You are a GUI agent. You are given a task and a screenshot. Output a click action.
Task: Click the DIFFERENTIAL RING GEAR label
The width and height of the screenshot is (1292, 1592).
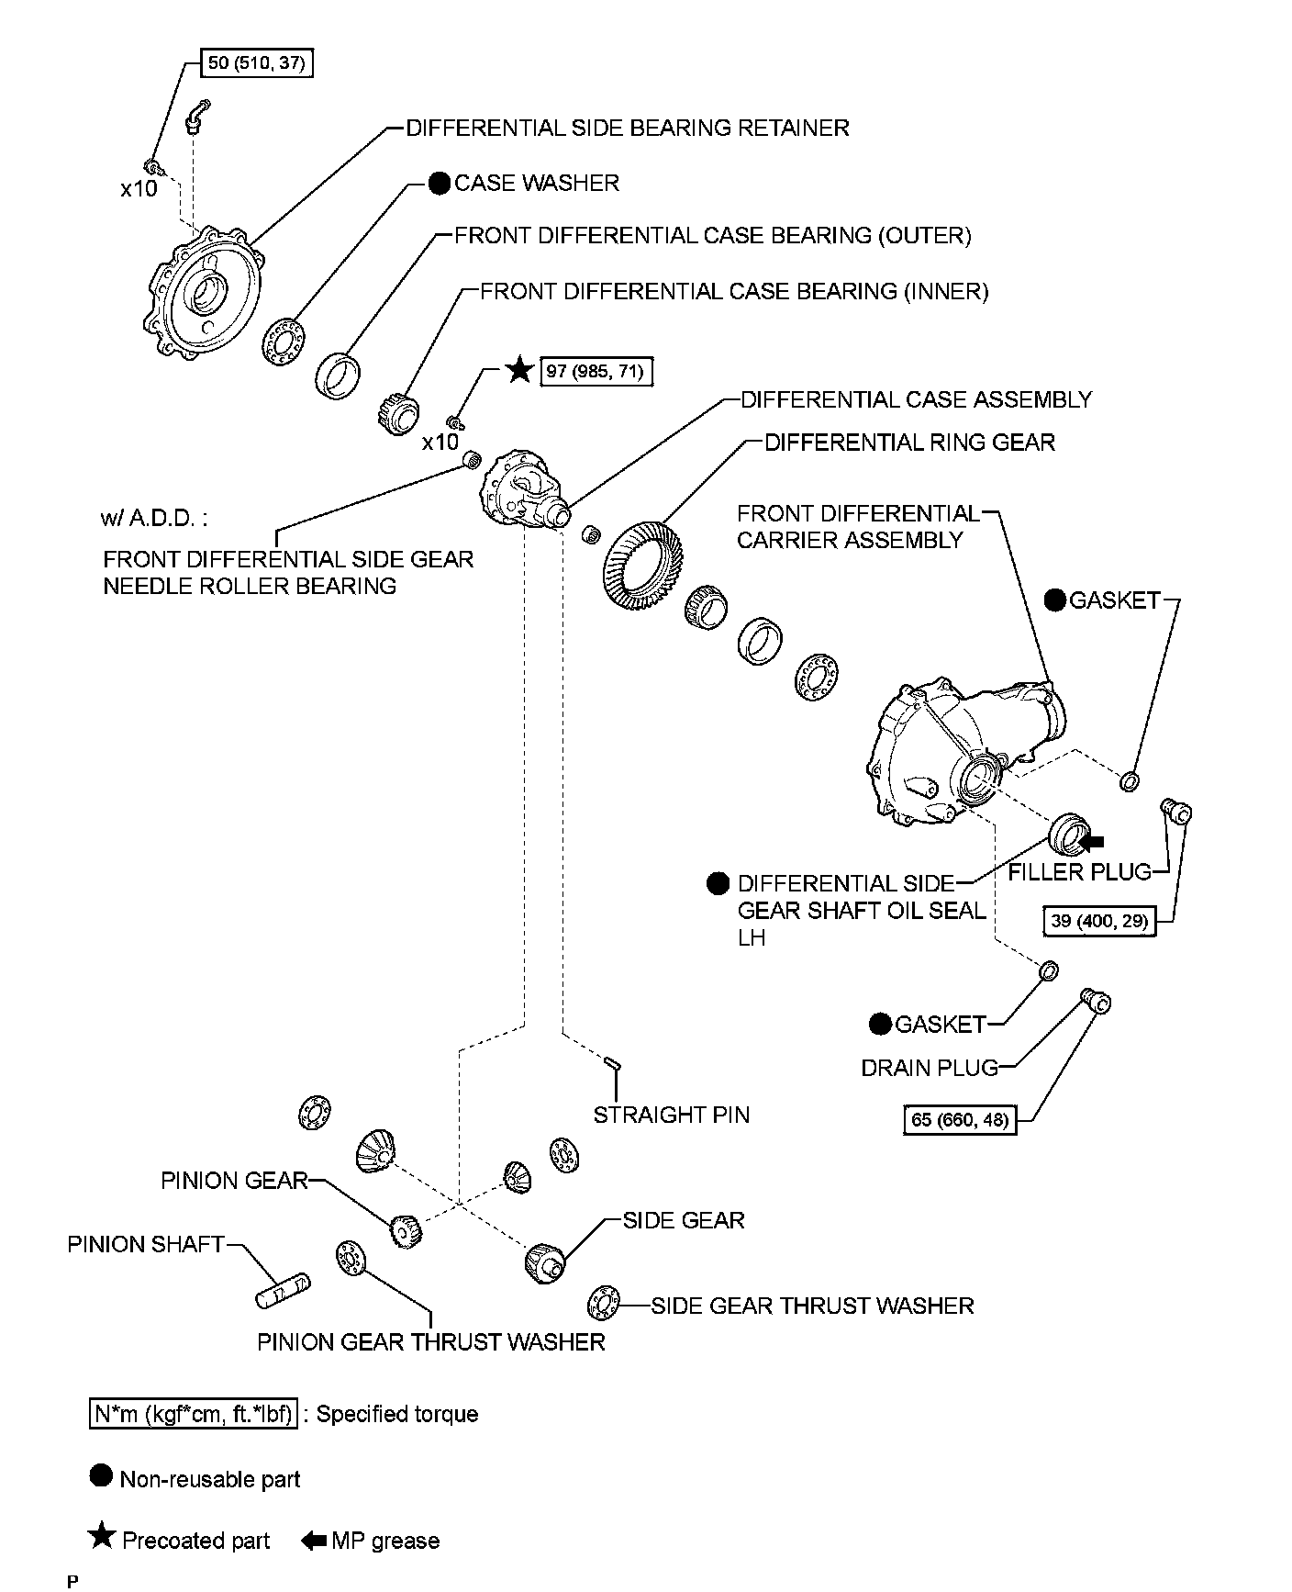(x=909, y=443)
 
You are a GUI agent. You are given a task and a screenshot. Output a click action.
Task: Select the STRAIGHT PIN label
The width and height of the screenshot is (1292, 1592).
(x=671, y=1115)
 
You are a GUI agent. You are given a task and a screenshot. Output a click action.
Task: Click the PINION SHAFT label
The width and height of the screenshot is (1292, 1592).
(x=146, y=1244)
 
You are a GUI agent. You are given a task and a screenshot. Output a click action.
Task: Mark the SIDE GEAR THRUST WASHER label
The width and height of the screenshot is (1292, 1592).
(x=812, y=1306)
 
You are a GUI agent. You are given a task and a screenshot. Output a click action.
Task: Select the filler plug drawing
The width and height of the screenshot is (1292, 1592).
(x=1175, y=811)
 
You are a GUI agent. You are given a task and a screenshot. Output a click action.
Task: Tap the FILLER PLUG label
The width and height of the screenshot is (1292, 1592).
(x=1079, y=872)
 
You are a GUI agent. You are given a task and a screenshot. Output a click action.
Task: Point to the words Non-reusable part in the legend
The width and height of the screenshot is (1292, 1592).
(x=210, y=1479)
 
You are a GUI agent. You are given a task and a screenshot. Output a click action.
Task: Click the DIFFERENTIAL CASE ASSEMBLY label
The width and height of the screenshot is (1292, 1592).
(x=916, y=400)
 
